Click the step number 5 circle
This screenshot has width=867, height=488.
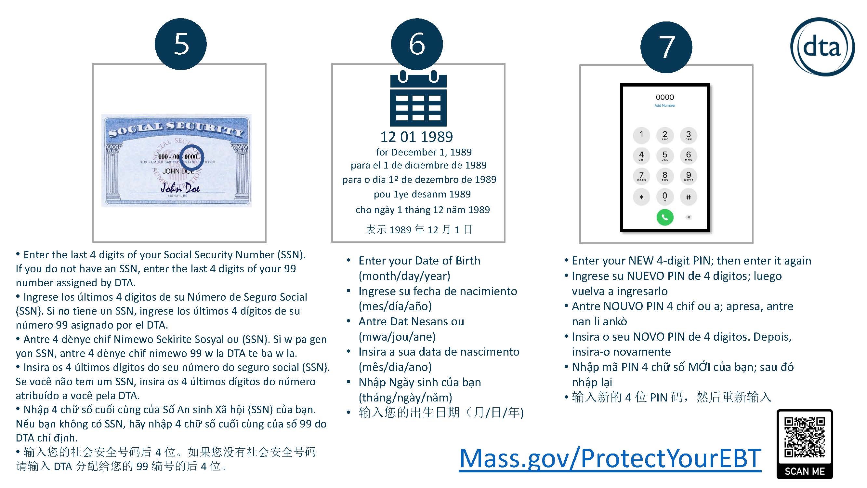click(x=181, y=44)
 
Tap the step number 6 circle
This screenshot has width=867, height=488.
click(x=417, y=44)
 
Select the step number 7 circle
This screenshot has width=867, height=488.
click(x=666, y=47)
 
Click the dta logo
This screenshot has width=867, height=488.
click(x=821, y=47)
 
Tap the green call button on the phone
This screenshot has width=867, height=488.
click(x=665, y=217)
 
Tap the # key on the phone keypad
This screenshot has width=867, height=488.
click(x=688, y=197)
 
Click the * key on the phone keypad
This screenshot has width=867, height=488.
click(x=641, y=197)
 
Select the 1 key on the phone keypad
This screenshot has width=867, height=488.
click(x=641, y=135)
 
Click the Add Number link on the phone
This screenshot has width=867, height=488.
click(x=665, y=105)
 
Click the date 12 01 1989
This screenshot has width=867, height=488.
click(x=417, y=137)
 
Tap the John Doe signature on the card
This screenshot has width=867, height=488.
click(x=180, y=187)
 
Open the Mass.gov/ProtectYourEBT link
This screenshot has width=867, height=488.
click(x=610, y=458)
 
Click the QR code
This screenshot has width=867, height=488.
click(x=804, y=437)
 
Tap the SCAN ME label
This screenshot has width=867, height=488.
click(x=804, y=471)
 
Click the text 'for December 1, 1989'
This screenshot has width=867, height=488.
click(x=424, y=152)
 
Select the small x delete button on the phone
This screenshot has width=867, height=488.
click(x=689, y=217)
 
